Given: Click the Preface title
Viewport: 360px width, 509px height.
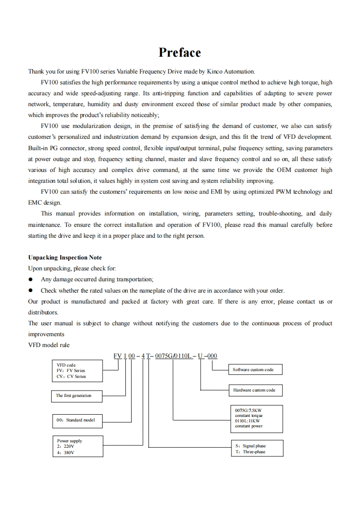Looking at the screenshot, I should [x=180, y=53].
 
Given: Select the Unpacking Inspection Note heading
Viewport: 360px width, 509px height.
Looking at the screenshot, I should [x=65, y=258].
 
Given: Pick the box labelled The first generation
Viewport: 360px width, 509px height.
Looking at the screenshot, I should [x=75, y=396].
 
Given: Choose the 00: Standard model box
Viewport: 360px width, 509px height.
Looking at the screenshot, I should [x=76, y=420].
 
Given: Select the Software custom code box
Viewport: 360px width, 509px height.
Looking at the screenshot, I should [x=254, y=370].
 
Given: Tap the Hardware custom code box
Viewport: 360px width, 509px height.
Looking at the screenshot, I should [x=255, y=390].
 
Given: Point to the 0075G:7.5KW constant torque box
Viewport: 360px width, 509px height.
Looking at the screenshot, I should [x=256, y=418].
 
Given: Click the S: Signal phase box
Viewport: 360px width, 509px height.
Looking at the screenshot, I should [x=256, y=449].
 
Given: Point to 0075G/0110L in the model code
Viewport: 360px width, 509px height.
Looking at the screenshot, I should [x=173, y=356].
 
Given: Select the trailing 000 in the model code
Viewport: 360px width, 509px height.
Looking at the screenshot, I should [x=212, y=356].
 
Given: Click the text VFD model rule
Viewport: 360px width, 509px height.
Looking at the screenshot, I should [x=49, y=345].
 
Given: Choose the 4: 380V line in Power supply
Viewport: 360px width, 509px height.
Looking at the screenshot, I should [x=66, y=452].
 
